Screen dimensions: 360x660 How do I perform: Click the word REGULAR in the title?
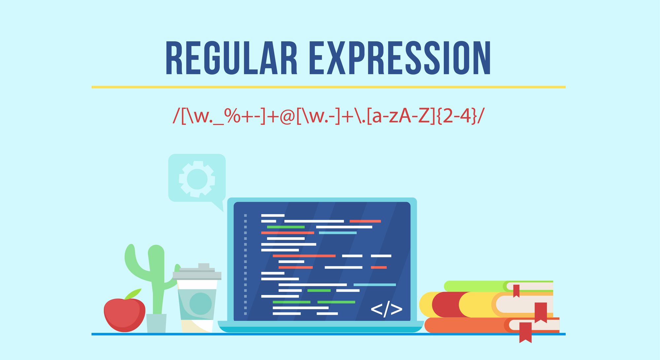tap(231, 58)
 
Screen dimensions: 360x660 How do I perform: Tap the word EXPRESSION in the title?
tap(400, 58)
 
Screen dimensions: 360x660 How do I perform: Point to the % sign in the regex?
tap(232, 116)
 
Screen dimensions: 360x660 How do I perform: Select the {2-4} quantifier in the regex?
tap(457, 116)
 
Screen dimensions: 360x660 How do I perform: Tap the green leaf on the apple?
tap(133, 293)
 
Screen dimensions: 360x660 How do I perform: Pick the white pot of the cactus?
tap(156, 323)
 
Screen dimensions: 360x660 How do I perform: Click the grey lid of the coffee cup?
tap(197, 274)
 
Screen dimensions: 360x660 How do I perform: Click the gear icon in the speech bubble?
tap(197, 179)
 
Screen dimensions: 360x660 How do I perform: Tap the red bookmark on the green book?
tap(516, 290)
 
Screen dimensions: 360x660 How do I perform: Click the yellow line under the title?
tap(328, 87)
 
